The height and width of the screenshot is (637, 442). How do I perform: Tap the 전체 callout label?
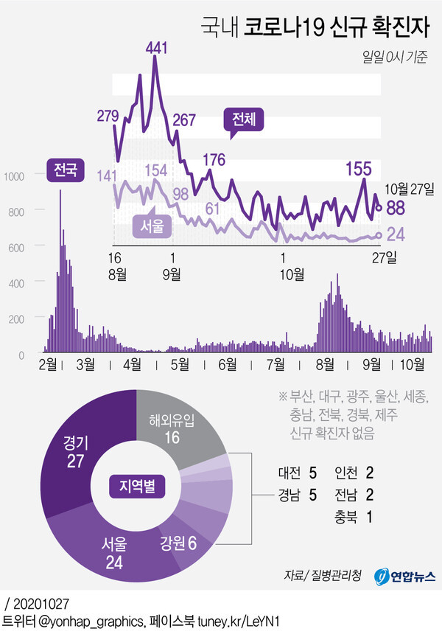(x=242, y=120)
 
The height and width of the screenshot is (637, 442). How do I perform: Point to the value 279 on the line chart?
(x=108, y=115)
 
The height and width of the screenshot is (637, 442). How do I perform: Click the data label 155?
(x=358, y=169)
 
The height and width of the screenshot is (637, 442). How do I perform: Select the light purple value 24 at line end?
(x=396, y=234)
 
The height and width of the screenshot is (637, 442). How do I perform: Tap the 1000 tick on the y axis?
(x=15, y=175)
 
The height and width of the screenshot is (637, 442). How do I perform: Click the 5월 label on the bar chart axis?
(x=179, y=363)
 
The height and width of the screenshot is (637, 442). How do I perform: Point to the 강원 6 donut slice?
(x=181, y=543)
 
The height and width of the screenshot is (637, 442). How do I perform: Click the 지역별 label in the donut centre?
(x=138, y=487)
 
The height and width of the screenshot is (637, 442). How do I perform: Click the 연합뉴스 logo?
(x=405, y=575)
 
